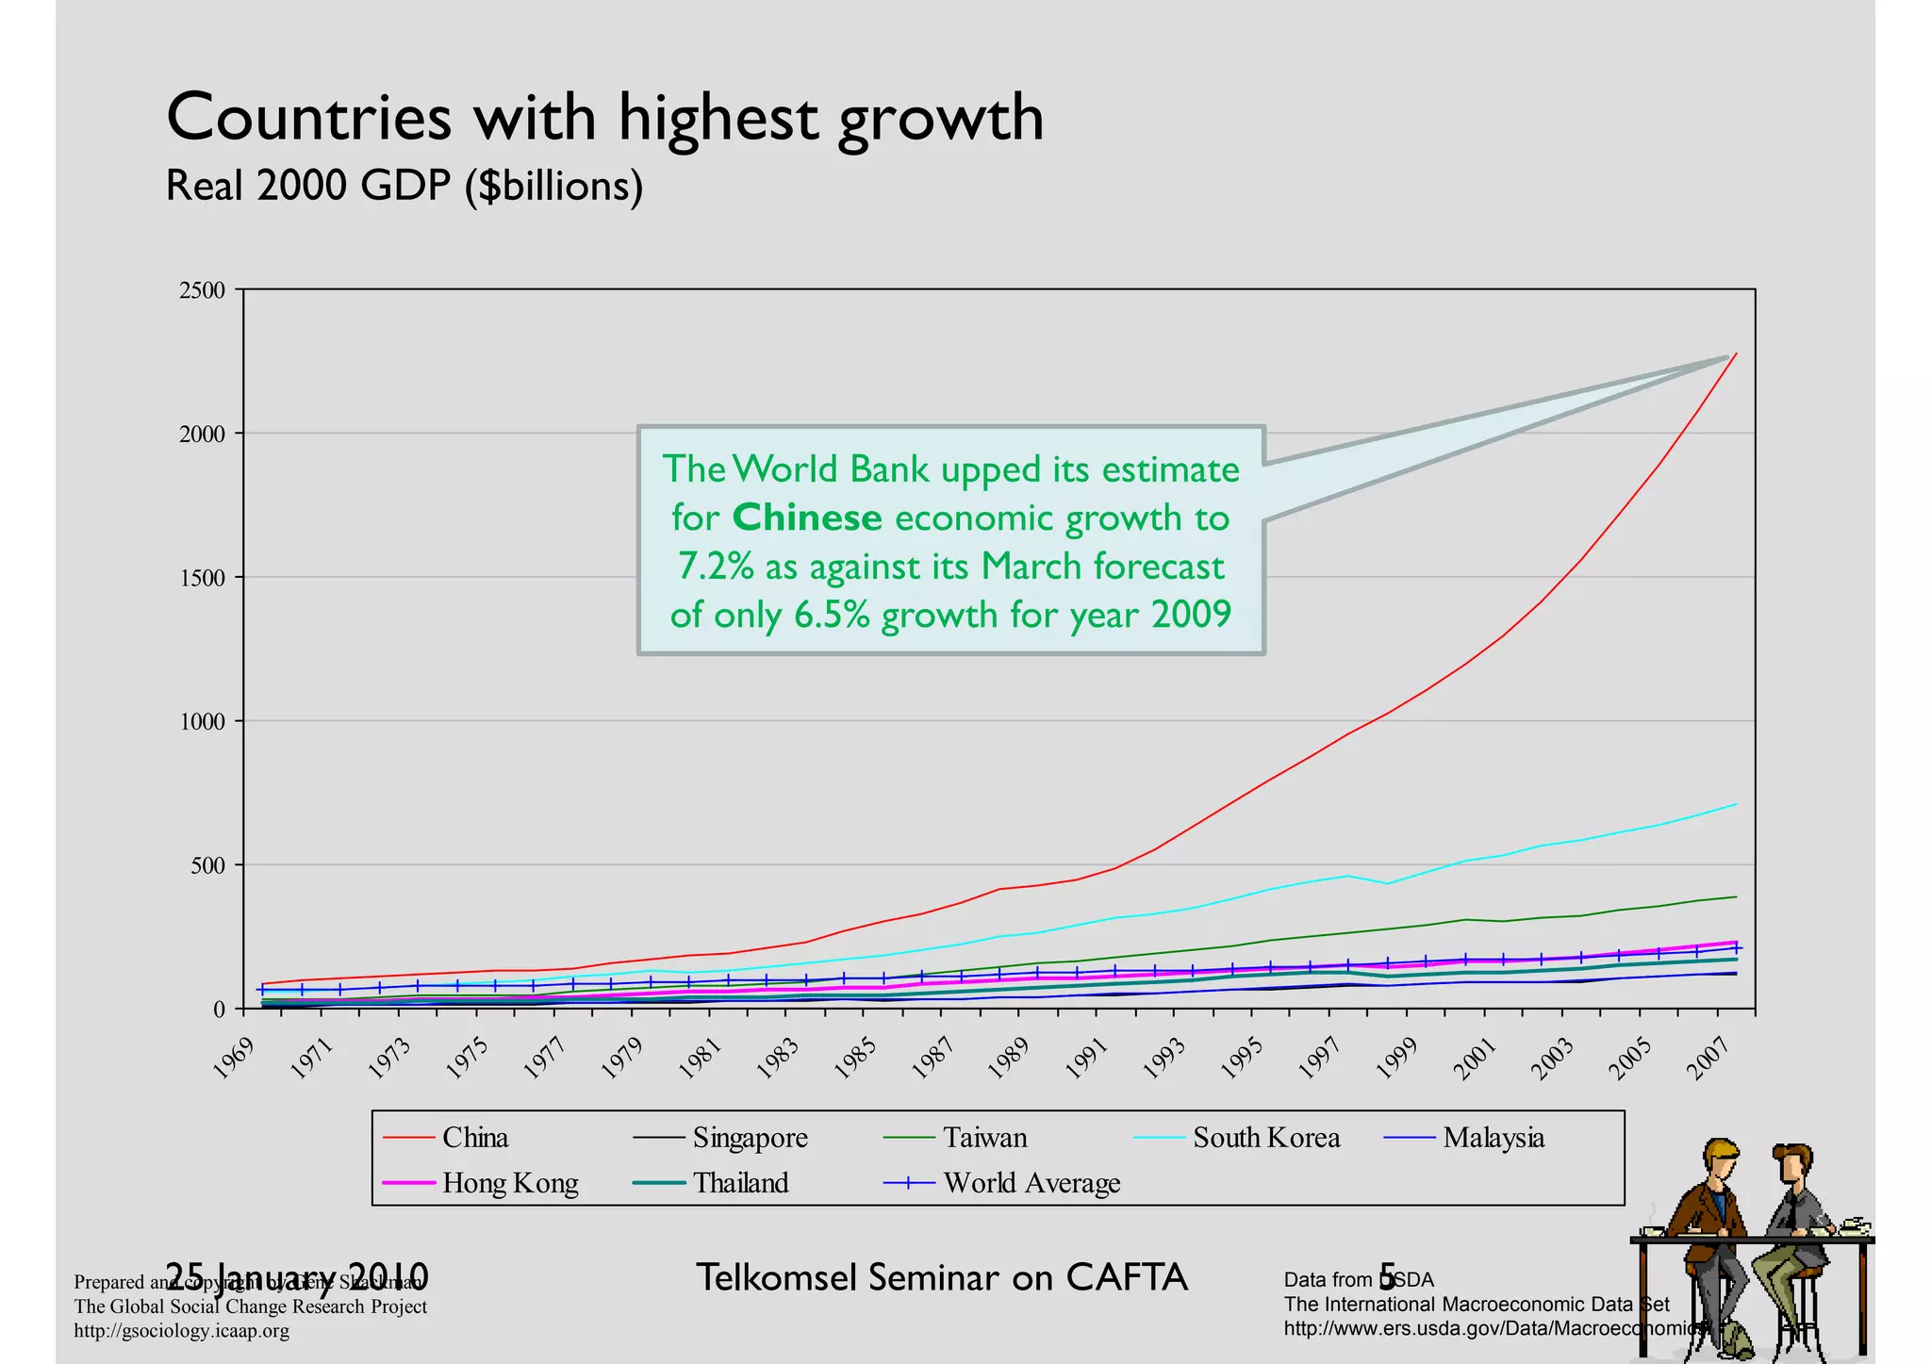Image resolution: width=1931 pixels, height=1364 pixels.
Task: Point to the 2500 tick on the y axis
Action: click(x=202, y=290)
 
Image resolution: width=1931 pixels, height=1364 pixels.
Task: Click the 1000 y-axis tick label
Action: click(x=202, y=722)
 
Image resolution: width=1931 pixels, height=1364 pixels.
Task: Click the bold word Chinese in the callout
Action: click(x=807, y=518)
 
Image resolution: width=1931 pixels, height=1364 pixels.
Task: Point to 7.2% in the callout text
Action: click(x=717, y=567)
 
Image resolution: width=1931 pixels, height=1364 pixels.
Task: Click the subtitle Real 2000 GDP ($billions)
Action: click(x=404, y=186)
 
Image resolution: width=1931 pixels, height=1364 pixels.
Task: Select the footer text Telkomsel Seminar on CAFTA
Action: click(x=941, y=1278)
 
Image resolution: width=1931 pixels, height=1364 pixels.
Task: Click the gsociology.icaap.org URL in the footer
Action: click(x=182, y=1331)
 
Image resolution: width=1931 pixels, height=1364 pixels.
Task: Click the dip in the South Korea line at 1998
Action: click(x=1386, y=883)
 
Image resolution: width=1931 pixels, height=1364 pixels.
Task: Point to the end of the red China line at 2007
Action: click(x=1736, y=353)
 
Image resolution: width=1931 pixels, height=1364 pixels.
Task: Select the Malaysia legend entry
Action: click(x=1493, y=1138)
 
